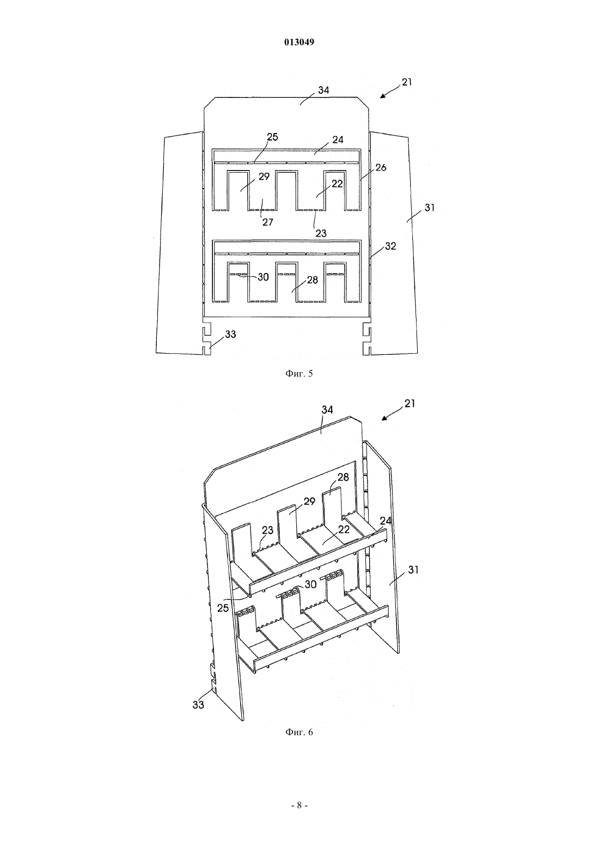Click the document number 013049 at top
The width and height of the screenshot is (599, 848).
pos(299,42)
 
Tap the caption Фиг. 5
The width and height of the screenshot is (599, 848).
pos(299,374)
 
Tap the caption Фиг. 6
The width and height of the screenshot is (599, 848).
pos(299,732)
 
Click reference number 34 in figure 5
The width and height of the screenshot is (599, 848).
pos(323,90)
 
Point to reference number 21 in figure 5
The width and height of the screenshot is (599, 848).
pos(407,82)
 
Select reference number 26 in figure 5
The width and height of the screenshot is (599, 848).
pos(381,167)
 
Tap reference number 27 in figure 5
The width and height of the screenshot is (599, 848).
pos(268,222)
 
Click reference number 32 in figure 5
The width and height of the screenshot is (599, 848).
pos(390,246)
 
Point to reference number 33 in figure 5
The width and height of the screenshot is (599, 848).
pos(230,334)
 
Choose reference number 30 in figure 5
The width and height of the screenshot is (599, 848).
pos(263,277)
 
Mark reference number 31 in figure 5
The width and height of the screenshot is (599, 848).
pos(429,208)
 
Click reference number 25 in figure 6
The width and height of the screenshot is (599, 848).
pos(223,608)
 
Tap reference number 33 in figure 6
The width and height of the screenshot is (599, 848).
pos(198,705)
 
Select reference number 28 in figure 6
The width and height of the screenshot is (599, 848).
pos(344,477)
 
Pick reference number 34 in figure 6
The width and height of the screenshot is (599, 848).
pos(327,410)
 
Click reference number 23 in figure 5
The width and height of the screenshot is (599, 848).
pos(321,234)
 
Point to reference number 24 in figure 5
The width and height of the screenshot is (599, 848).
pos(338,140)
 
